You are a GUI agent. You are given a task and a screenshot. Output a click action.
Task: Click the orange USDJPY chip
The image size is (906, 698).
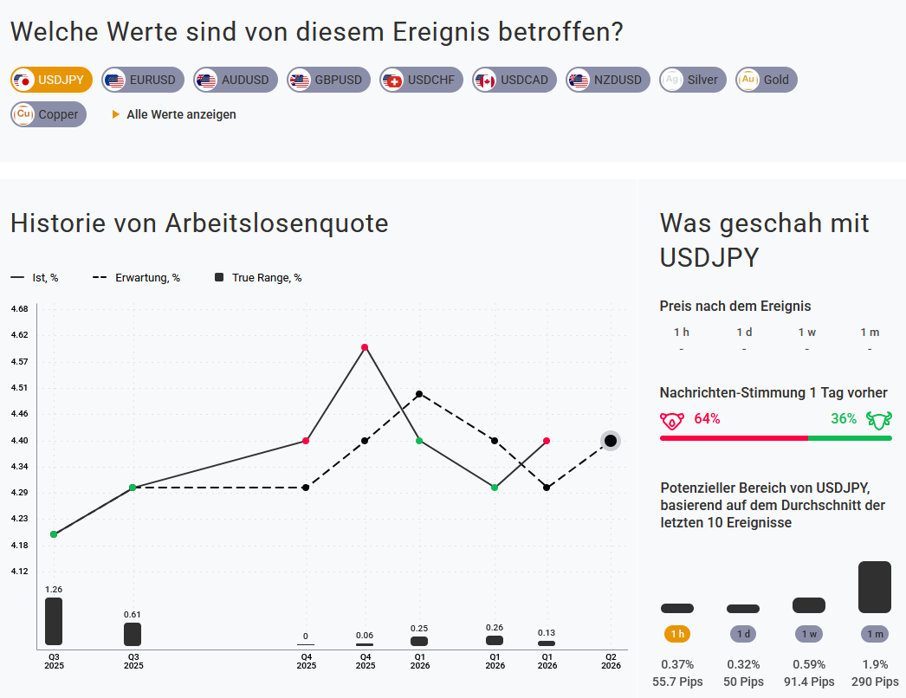tap(52, 80)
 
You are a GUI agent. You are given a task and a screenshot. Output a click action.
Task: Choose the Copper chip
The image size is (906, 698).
tap(49, 114)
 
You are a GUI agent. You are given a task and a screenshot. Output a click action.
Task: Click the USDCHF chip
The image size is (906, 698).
tap(421, 80)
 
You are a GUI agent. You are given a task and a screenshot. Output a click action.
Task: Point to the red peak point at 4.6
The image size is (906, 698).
tap(365, 347)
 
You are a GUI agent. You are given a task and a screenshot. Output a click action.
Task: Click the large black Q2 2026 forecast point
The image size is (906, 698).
tap(611, 441)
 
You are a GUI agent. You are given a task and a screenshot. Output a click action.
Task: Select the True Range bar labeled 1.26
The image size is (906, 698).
tap(54, 621)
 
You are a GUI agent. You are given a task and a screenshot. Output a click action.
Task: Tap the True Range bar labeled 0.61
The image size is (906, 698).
tap(133, 634)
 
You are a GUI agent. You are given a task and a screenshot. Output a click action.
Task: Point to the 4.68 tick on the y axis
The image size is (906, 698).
tap(19, 308)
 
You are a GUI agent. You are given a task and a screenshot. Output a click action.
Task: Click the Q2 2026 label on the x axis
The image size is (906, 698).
tap(611, 661)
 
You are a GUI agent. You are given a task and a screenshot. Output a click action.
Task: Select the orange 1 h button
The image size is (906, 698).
tap(677, 634)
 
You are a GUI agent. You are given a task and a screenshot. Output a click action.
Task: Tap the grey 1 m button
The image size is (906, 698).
tap(875, 634)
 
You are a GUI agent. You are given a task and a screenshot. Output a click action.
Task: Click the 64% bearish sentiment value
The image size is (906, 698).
tap(707, 419)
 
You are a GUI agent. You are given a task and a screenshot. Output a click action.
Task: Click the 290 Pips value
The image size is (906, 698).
tap(875, 682)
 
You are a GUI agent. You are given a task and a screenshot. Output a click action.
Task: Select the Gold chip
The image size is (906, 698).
tap(766, 80)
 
